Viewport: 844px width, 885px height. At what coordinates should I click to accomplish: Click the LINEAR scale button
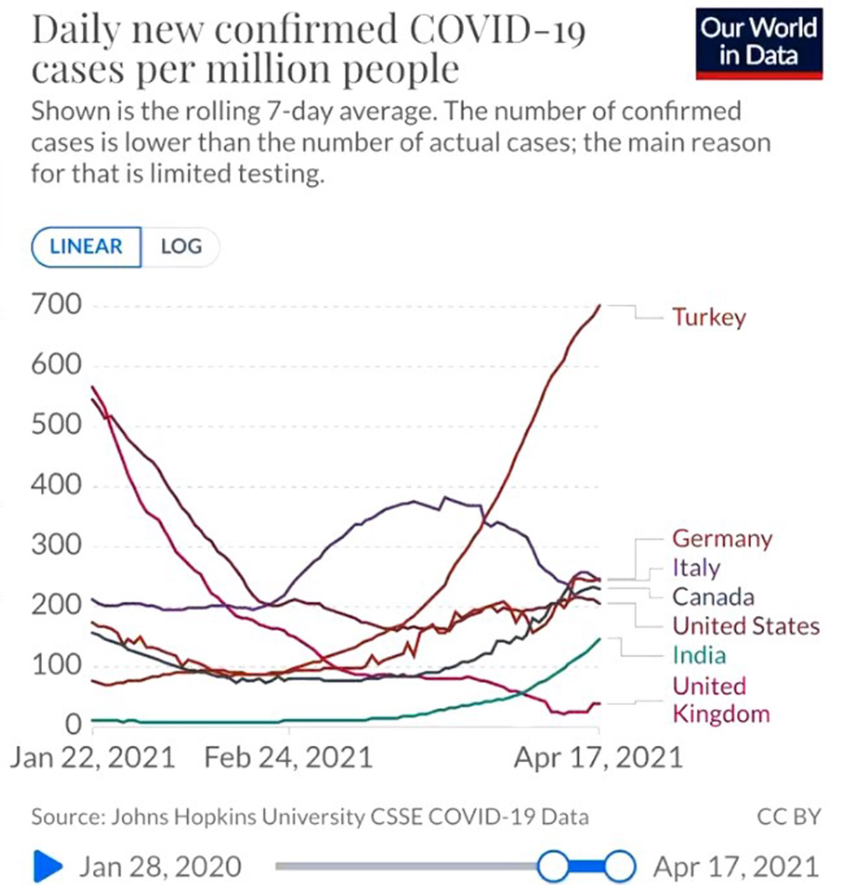tap(86, 247)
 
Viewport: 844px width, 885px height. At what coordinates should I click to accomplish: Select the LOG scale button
tap(181, 247)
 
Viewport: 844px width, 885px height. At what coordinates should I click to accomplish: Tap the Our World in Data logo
tap(759, 42)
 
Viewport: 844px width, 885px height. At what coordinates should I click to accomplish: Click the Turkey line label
tap(708, 317)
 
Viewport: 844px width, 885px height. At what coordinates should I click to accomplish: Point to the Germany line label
tap(722, 539)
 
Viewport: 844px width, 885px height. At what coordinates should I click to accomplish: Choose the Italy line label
tap(696, 568)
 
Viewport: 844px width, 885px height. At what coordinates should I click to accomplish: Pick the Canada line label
tap(713, 597)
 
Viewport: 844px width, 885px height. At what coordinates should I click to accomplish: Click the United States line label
tap(746, 626)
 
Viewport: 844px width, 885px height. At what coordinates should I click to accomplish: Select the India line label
tap(698, 655)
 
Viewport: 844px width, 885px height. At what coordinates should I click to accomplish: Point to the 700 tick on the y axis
tap(56, 305)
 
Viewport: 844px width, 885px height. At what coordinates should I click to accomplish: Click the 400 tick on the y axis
tap(56, 485)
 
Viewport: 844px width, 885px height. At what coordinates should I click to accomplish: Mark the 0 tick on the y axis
tap(73, 724)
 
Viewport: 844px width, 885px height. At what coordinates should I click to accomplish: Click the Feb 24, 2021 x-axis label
tap(288, 758)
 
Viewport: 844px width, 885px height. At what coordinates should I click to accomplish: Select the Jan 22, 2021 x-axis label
tap(92, 758)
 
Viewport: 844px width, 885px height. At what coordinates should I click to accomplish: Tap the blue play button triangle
tap(48, 866)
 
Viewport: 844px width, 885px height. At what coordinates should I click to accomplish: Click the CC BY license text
tap(788, 817)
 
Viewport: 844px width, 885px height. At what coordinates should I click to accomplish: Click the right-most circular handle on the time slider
tap(620, 866)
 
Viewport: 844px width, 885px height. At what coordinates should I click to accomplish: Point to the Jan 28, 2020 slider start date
tap(160, 867)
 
